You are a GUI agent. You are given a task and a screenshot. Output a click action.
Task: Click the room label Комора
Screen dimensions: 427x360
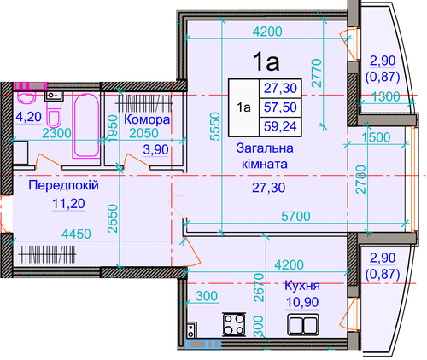coord(147,119)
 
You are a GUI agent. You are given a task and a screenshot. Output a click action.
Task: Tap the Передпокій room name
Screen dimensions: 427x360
coord(63,185)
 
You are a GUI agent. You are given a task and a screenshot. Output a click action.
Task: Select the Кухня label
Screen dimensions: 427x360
coord(302,286)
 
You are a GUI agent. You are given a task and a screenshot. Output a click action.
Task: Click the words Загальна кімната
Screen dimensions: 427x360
coord(265,156)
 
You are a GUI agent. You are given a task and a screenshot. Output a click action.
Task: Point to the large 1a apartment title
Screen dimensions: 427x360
coord(266,61)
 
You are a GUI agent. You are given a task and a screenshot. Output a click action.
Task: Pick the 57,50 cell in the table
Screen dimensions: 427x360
coord(280,107)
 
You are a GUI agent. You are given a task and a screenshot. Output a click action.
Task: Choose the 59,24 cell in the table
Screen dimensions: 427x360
coord(280,126)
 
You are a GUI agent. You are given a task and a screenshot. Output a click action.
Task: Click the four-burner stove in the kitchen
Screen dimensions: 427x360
coord(234,324)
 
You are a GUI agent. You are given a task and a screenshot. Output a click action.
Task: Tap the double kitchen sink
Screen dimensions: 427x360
coord(303,325)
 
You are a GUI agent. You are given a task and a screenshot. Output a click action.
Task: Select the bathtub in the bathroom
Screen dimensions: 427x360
coord(85,125)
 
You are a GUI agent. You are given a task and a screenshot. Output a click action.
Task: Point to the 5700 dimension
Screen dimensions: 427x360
coord(295,217)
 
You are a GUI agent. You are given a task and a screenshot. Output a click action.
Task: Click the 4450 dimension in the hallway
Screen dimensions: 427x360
coord(77,235)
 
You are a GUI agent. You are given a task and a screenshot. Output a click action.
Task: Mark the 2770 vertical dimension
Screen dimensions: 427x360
coord(317,73)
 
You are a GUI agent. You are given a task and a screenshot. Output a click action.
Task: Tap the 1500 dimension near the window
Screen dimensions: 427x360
coord(376,137)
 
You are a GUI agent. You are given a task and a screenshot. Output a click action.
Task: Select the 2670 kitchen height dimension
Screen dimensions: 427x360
coord(259,287)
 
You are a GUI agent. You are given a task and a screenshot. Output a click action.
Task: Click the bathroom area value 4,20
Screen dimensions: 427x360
coord(29,117)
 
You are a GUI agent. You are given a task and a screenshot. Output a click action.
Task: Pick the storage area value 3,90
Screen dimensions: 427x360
coord(156,150)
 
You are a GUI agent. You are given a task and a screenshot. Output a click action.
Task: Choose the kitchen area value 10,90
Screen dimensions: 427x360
coord(302,302)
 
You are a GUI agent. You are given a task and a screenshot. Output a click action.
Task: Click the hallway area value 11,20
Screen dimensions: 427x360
coord(68,204)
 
